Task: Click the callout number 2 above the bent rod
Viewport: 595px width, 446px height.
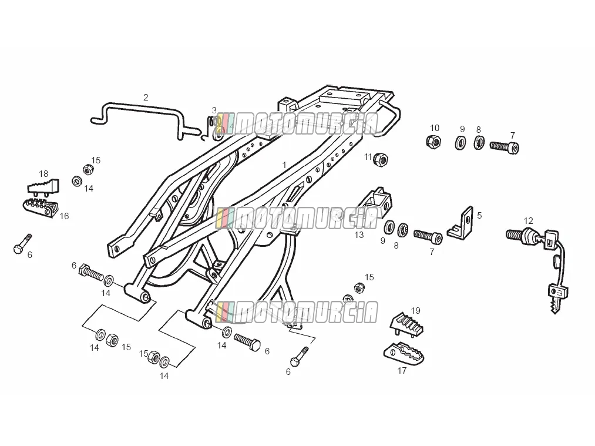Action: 146,98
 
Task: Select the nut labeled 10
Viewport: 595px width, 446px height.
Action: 433,141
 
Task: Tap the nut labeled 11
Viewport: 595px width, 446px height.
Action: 381,159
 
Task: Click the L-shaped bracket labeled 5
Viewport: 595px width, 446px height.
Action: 460,223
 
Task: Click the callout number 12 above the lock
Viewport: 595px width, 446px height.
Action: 528,221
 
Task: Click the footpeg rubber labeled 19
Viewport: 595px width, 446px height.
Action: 407,326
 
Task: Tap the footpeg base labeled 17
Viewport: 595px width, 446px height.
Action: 404,352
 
